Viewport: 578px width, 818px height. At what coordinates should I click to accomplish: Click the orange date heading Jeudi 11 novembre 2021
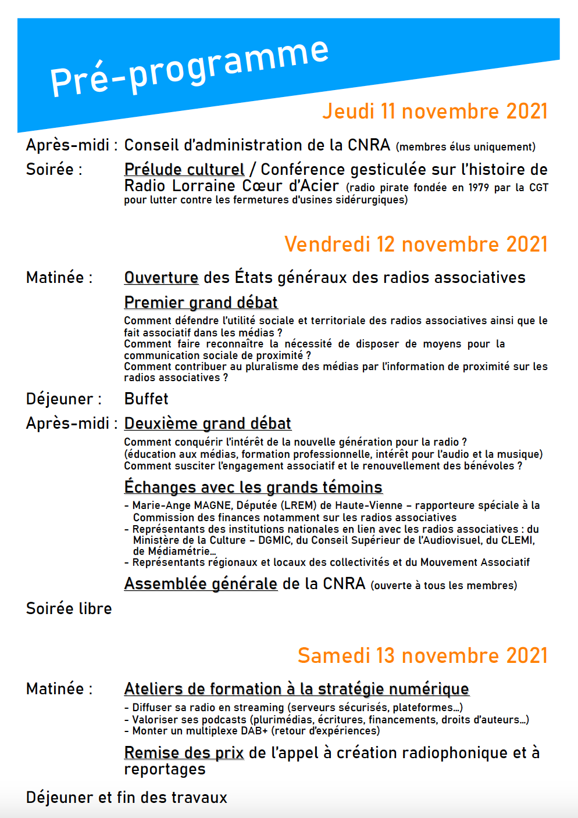(x=434, y=111)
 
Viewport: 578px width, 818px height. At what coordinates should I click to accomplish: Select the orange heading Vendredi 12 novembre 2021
(x=416, y=244)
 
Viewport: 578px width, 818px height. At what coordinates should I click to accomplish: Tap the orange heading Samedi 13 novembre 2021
(x=422, y=655)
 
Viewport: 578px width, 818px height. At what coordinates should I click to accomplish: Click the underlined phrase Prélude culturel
(x=184, y=169)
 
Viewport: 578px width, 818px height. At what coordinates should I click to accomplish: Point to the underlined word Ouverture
(x=161, y=277)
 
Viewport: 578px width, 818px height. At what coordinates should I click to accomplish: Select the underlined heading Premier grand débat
(x=201, y=302)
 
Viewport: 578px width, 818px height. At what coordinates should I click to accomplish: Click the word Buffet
(x=146, y=399)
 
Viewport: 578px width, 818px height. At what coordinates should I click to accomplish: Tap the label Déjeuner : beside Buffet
(x=63, y=399)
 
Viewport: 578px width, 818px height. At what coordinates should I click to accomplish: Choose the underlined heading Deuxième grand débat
(x=208, y=423)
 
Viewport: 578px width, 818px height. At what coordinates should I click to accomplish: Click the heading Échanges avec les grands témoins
(x=253, y=487)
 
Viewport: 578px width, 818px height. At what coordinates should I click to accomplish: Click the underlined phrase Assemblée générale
(x=201, y=583)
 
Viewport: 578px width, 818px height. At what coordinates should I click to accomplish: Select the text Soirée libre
(x=69, y=608)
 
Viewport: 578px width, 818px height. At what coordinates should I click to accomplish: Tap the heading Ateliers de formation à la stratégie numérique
(x=297, y=688)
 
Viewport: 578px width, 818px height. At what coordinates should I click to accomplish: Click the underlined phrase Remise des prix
(x=184, y=752)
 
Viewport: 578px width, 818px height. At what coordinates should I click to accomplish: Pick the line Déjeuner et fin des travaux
(x=126, y=797)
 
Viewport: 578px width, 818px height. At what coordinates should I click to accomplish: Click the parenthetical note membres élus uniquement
(x=465, y=147)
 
